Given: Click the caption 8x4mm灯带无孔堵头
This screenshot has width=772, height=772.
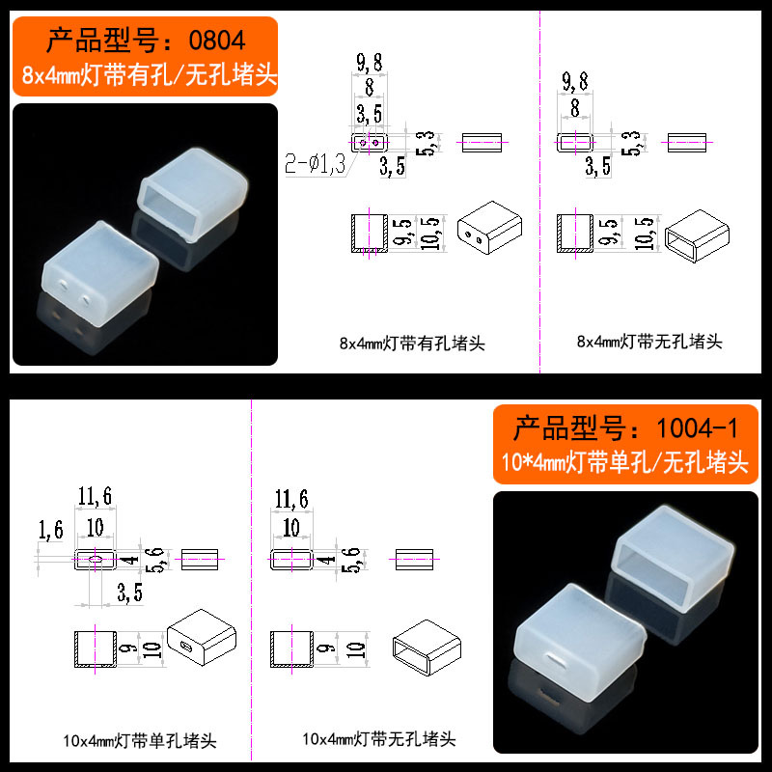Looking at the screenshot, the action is pyautogui.click(x=648, y=342).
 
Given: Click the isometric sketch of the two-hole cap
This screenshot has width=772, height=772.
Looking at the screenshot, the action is pyautogui.click(x=491, y=229).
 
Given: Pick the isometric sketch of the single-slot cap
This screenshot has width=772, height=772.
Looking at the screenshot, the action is pyautogui.click(x=202, y=638).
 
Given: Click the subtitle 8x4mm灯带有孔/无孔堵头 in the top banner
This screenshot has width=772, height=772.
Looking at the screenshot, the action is pyautogui.click(x=145, y=74).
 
